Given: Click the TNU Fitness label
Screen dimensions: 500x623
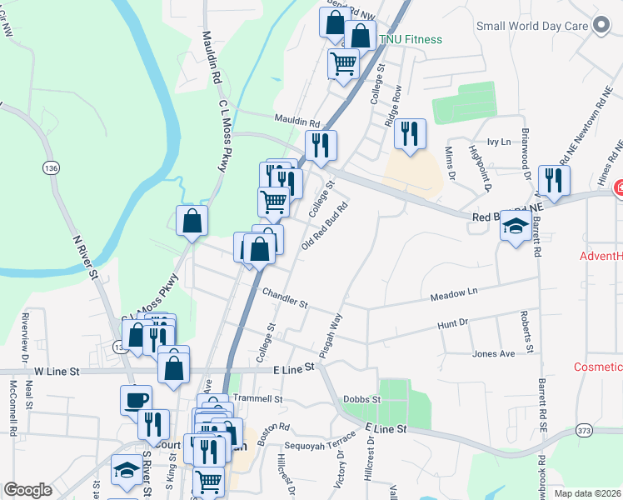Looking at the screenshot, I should [x=411, y=39].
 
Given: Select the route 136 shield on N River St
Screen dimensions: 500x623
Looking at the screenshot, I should [x=52, y=167].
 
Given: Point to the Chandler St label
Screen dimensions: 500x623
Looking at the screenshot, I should [x=285, y=296].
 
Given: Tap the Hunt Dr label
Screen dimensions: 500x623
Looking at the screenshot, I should [x=453, y=322].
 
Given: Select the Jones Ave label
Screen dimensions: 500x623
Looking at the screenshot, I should [x=494, y=353].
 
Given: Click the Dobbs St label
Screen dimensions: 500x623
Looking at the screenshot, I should [x=364, y=399].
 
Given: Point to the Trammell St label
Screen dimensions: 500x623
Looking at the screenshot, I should [x=257, y=399].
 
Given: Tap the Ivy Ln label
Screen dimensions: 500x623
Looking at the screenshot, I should [x=498, y=142].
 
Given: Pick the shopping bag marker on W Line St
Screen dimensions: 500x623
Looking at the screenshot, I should [x=173, y=366].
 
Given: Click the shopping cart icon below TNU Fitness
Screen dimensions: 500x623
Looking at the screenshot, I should [x=343, y=62].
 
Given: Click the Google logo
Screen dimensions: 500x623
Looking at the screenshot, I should [x=27, y=490].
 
